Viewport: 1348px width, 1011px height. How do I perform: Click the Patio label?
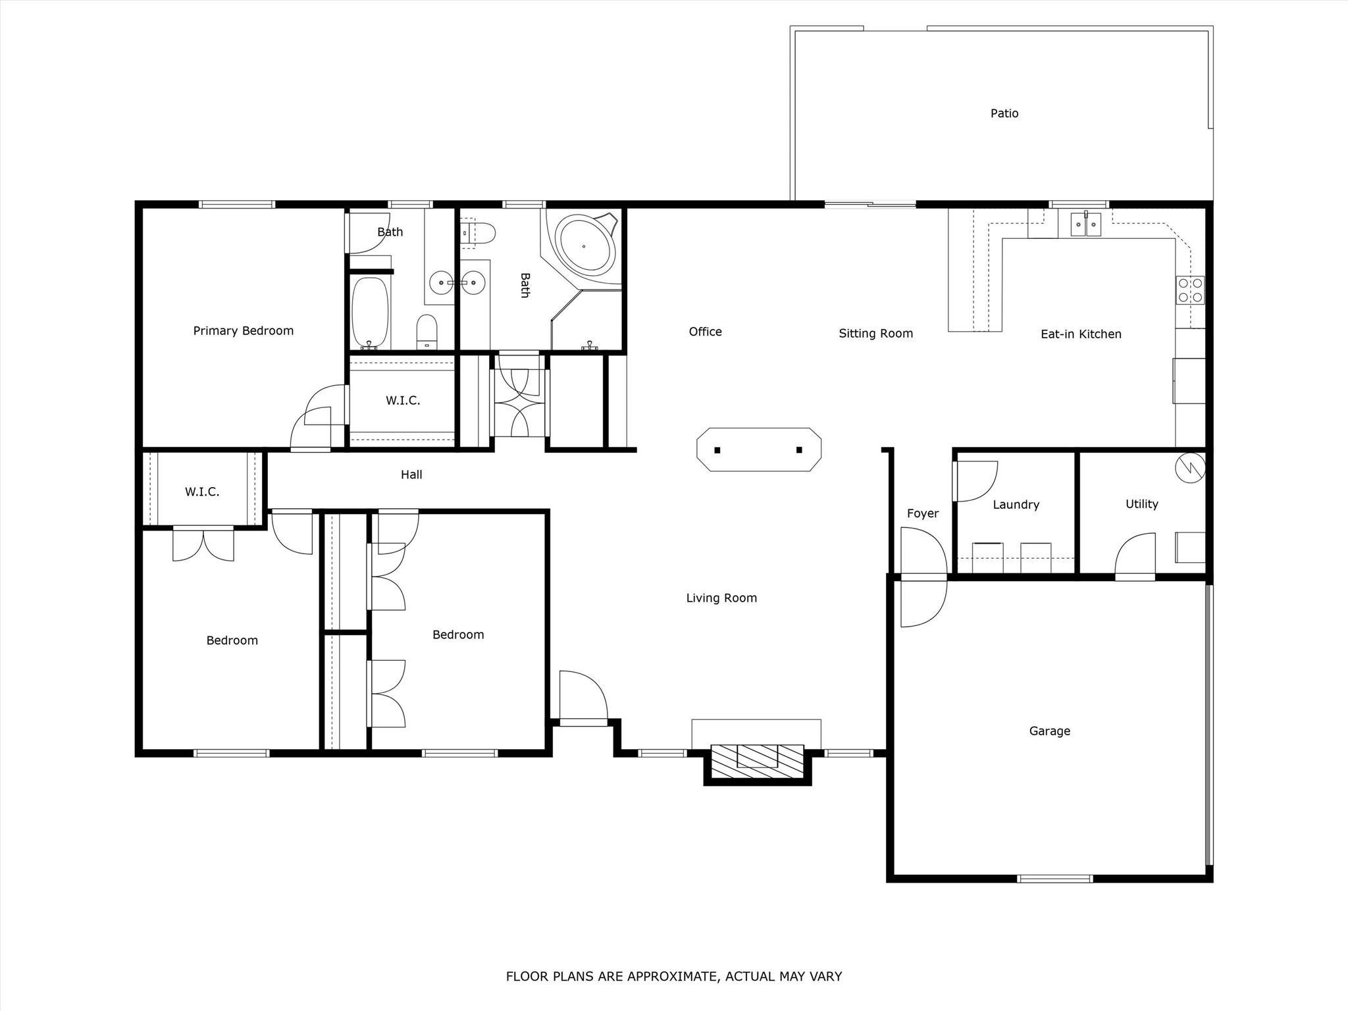point(1004,113)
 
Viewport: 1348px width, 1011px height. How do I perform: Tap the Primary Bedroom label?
point(243,330)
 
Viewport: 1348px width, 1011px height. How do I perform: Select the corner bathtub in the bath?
point(584,246)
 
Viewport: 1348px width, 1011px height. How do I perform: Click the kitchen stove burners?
point(1190,290)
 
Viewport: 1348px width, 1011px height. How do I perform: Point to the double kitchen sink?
point(1085,224)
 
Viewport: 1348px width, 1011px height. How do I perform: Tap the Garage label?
point(1049,731)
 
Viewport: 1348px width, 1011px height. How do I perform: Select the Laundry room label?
point(1016,505)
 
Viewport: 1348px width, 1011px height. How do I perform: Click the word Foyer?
point(922,513)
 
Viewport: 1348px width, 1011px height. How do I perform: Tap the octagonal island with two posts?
point(758,450)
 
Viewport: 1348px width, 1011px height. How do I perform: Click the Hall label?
point(411,475)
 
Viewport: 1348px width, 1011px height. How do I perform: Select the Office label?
point(705,332)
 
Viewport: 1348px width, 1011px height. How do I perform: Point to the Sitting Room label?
point(875,334)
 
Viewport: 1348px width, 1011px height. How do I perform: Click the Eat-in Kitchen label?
point(1081,334)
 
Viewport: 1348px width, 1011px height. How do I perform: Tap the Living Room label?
point(721,598)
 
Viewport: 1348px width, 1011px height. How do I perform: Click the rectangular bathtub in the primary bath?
point(370,313)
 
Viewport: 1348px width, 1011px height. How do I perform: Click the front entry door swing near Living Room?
point(582,696)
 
